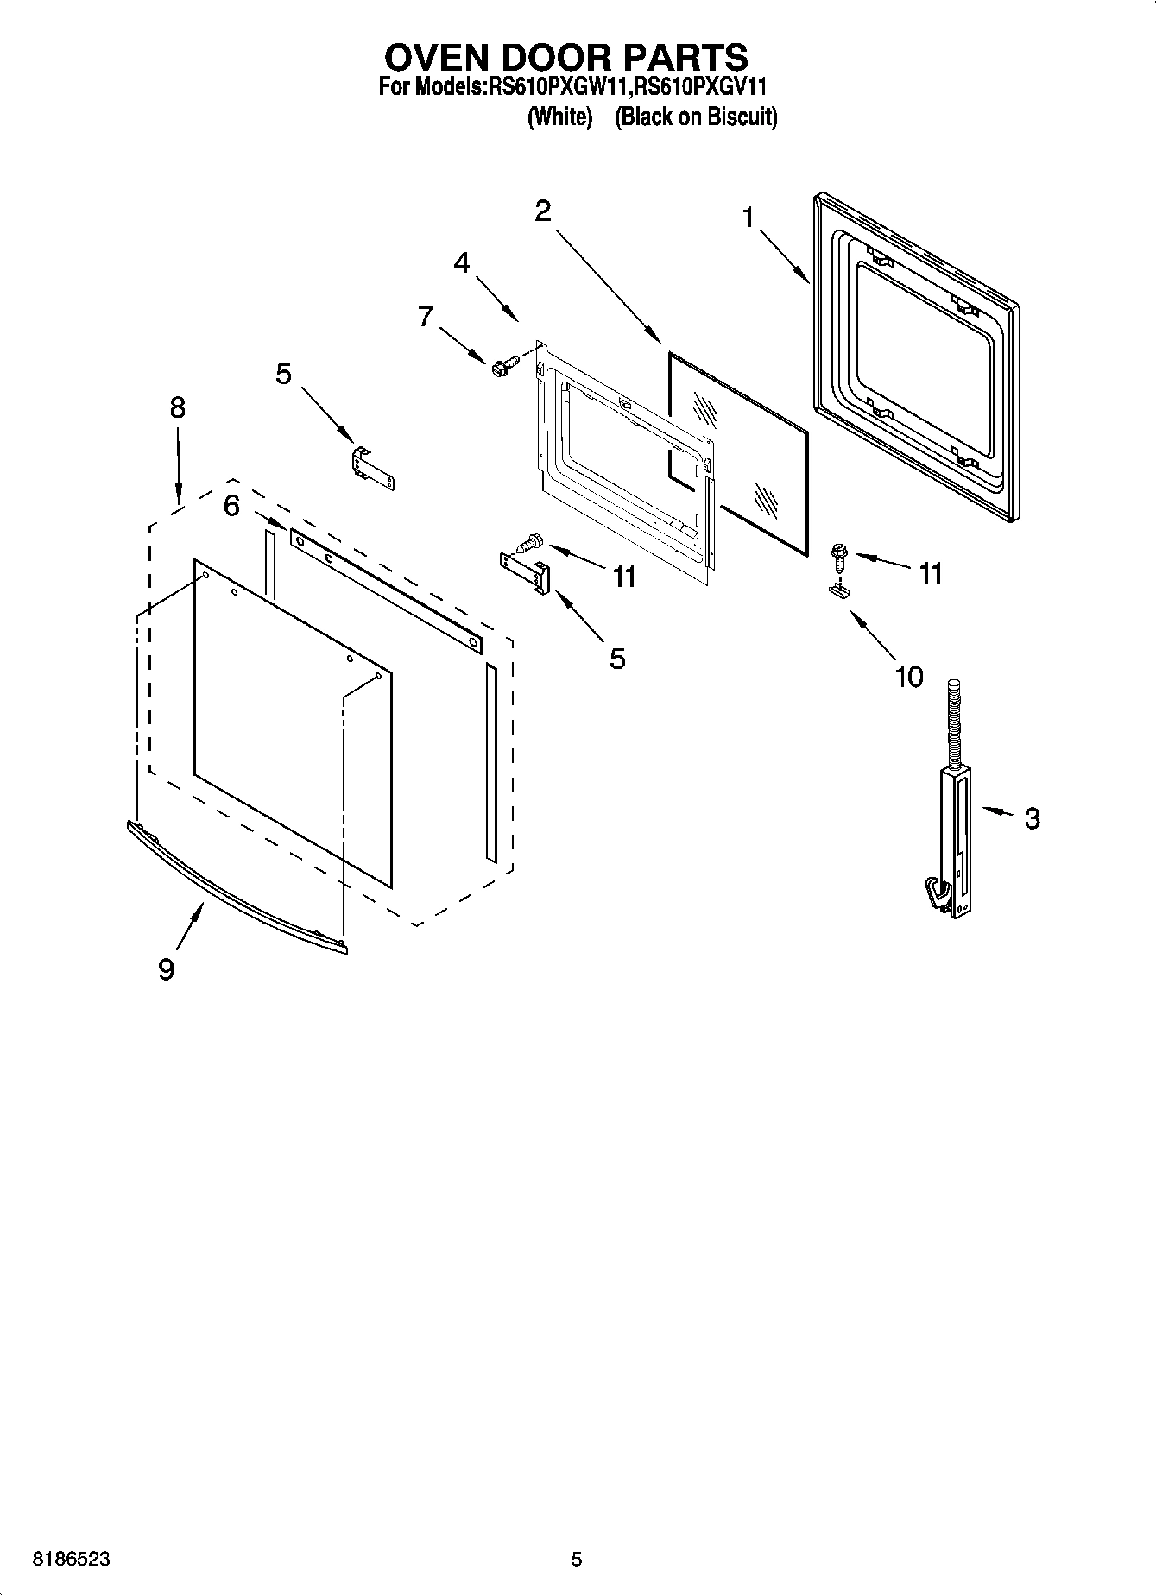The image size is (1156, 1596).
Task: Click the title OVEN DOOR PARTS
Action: click(565, 57)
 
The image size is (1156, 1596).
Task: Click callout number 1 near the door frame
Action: click(748, 217)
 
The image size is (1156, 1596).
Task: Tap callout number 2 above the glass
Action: click(542, 211)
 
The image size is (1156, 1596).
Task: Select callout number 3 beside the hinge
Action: click(1032, 817)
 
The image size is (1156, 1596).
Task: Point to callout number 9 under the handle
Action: click(166, 968)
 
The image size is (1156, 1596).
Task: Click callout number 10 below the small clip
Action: click(909, 677)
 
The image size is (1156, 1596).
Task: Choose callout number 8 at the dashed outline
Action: click(177, 407)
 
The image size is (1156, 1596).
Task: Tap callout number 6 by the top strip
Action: click(231, 505)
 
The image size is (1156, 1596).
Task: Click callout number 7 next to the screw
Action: click(425, 317)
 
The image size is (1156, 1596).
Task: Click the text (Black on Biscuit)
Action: click(696, 117)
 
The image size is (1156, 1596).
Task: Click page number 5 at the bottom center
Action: click(577, 1559)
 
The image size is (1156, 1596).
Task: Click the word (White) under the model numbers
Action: click(559, 117)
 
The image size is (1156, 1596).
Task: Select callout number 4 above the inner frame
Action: click(462, 263)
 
